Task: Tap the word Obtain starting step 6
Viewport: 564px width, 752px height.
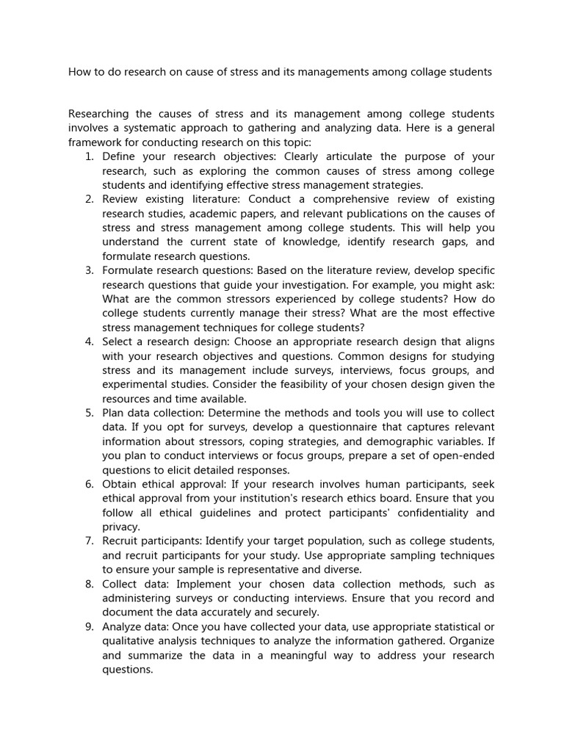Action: click(120, 485)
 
